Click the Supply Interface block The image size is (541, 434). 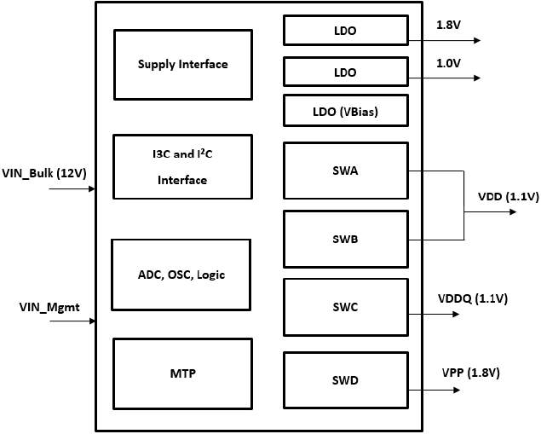(x=182, y=65)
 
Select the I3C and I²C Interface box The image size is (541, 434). (x=182, y=167)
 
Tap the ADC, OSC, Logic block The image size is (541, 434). (x=181, y=275)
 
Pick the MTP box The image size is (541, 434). (x=182, y=373)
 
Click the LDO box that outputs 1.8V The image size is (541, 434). (x=345, y=31)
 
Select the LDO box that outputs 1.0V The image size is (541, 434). (x=345, y=72)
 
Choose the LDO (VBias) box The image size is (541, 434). (x=345, y=111)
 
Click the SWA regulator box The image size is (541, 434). (x=345, y=171)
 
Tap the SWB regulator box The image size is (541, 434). (x=345, y=239)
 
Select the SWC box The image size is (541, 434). (x=345, y=305)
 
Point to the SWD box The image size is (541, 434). (x=345, y=379)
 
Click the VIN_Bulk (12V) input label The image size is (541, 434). (x=45, y=173)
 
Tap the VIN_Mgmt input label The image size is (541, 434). (x=43, y=305)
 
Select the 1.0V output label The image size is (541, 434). (x=448, y=62)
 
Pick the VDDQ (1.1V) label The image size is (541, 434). (x=472, y=298)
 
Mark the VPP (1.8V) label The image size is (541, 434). (x=470, y=373)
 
